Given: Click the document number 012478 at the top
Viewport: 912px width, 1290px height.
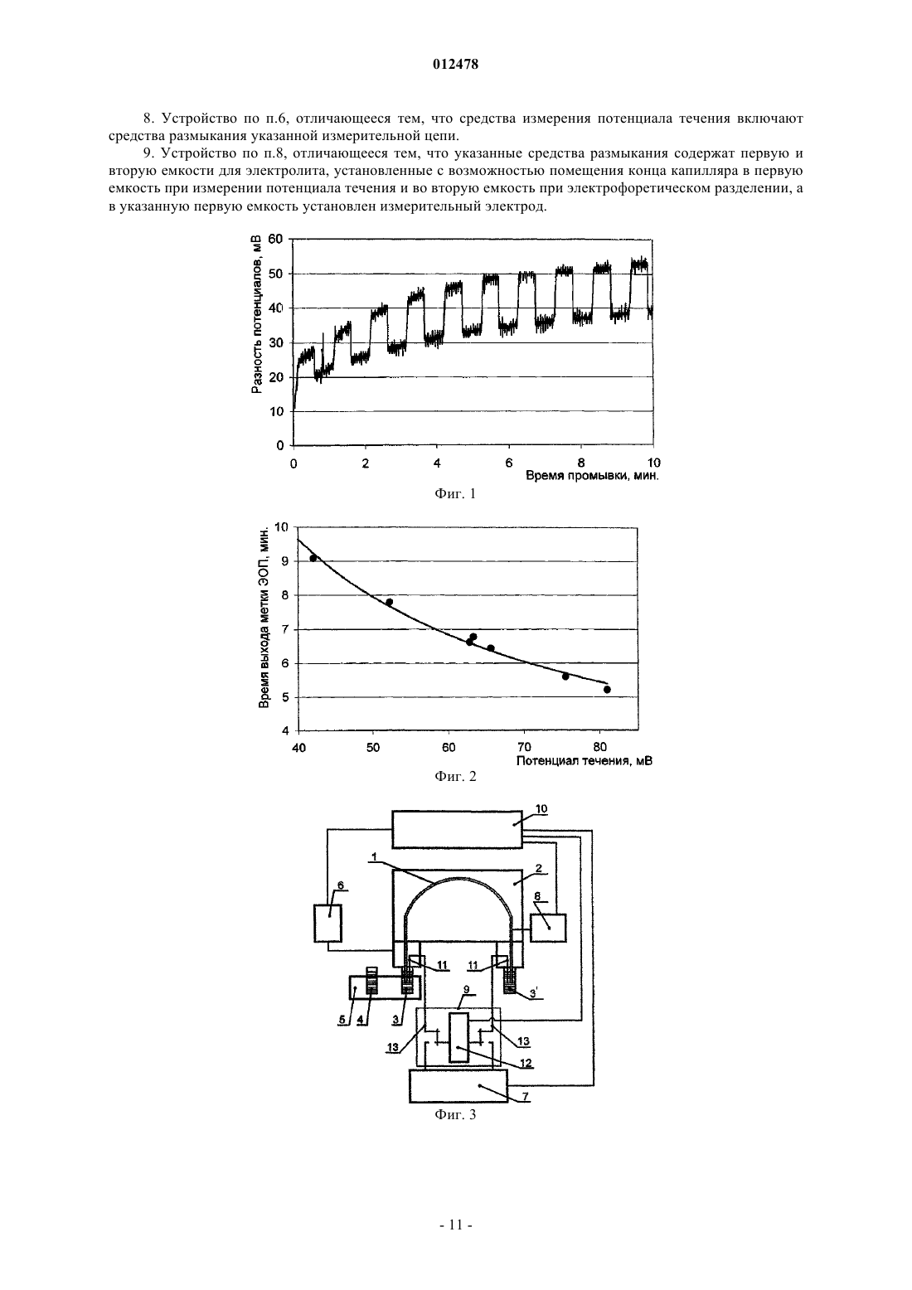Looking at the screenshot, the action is (455, 65).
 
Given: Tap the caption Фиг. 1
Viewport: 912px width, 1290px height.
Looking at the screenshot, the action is (455, 493).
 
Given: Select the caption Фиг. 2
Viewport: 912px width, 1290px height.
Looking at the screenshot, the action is (455, 776).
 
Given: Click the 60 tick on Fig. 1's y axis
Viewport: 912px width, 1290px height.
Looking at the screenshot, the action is (276, 239).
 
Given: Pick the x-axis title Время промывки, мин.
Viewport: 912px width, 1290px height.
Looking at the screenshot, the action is (592, 476).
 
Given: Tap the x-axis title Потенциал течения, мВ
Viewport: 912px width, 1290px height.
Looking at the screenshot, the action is (584, 761).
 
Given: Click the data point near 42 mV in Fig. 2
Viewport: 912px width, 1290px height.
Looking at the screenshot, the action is (313, 558).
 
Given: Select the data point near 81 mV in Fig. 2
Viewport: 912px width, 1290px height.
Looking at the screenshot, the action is (607, 689).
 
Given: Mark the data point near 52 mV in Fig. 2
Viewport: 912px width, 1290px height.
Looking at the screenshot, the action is (389, 603).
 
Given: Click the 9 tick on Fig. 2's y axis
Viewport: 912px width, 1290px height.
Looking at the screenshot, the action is (284, 561).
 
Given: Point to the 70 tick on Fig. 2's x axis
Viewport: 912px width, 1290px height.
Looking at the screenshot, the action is (525, 748).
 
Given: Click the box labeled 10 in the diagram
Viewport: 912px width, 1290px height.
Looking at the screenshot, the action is (457, 829).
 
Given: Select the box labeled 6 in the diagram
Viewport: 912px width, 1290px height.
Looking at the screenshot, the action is (327, 924).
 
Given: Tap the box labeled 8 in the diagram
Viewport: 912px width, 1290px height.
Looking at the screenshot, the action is (547, 928).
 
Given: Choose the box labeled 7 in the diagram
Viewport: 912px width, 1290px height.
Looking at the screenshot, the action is (458, 1086).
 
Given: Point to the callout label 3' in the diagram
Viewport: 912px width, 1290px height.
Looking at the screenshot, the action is (534, 993).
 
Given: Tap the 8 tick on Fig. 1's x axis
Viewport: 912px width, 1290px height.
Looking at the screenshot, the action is (581, 463).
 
